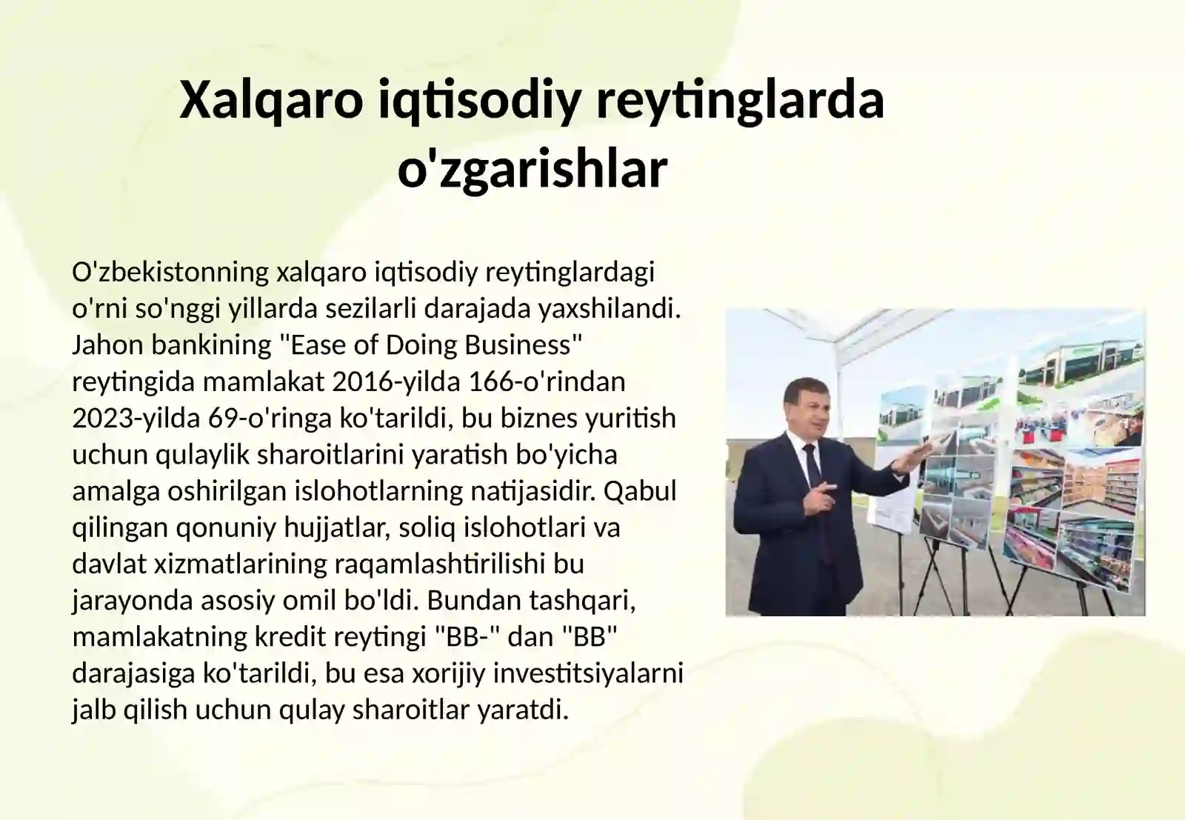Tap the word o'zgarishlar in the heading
point(532,170)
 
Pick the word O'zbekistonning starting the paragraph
point(170,272)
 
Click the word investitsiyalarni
point(588,673)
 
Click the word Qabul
point(644,490)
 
